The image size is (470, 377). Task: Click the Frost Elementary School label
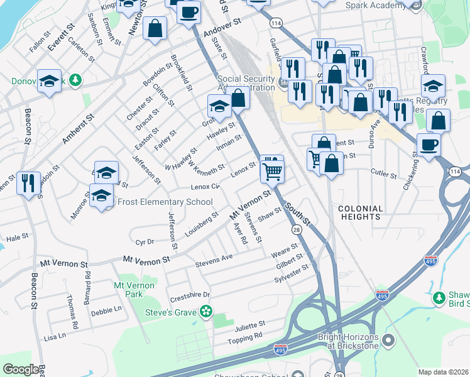[x=165, y=202]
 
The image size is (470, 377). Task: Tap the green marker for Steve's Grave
[x=205, y=311]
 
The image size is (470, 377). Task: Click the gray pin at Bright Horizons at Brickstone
[x=388, y=341]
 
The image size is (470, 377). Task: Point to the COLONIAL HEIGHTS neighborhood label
[x=360, y=212]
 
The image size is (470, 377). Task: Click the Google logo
[x=21, y=369]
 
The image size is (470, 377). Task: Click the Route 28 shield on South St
[x=296, y=231]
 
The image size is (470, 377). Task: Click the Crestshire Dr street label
[x=190, y=295]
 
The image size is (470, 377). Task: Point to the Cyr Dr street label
[x=145, y=241]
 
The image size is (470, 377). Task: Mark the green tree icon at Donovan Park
[x=75, y=80]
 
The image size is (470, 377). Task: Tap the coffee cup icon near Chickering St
[x=429, y=145]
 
